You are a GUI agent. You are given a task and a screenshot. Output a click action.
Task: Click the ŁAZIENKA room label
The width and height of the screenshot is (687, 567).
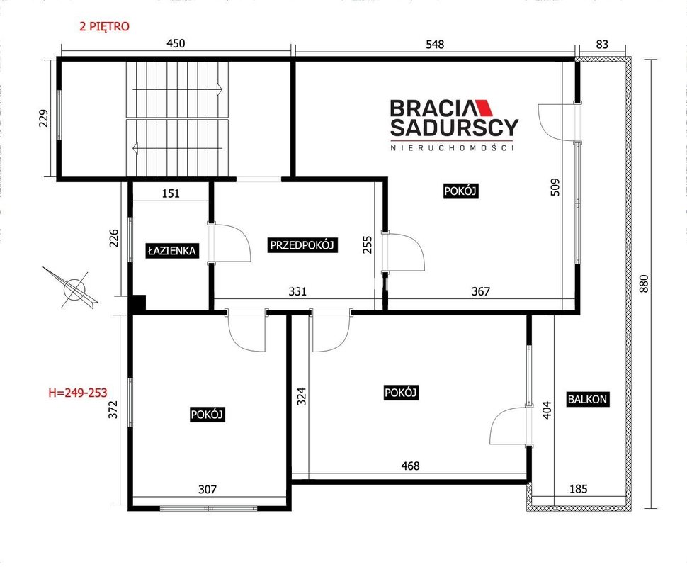click(x=171, y=250)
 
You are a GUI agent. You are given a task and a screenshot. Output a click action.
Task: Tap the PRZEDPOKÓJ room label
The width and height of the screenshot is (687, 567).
click(x=302, y=245)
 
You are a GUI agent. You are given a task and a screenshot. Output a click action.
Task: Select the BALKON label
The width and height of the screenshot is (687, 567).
click(x=587, y=399)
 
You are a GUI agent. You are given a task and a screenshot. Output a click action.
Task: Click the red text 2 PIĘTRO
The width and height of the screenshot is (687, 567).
click(x=104, y=26)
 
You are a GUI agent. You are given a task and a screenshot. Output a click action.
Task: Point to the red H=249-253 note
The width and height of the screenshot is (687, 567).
click(x=77, y=393)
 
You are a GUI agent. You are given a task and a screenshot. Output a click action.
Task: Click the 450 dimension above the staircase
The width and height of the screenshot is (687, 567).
click(x=176, y=43)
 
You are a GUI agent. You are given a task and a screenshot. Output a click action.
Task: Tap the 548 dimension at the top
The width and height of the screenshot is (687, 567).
click(x=435, y=44)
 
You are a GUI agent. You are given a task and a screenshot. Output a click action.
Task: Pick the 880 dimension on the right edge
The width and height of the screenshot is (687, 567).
click(x=644, y=283)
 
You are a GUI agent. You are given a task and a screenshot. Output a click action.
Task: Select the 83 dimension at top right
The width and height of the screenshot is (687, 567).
click(x=603, y=44)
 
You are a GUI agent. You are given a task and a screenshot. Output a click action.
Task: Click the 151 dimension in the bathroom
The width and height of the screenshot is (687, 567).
click(x=171, y=193)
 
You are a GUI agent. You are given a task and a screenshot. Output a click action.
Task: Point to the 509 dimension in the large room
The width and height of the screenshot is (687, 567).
click(x=555, y=186)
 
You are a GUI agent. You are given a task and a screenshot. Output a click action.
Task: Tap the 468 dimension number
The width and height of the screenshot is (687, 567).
click(x=411, y=465)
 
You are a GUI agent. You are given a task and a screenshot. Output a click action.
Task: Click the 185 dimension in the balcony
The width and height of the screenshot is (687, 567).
click(x=578, y=488)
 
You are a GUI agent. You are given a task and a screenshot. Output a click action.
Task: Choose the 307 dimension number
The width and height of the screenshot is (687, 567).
click(x=208, y=489)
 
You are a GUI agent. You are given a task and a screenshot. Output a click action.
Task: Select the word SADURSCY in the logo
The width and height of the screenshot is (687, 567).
click(x=455, y=127)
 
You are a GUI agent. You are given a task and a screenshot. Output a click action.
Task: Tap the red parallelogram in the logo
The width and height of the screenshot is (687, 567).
click(x=483, y=107)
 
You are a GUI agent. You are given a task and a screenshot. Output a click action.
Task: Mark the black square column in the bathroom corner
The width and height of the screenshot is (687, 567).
click(x=138, y=303)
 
